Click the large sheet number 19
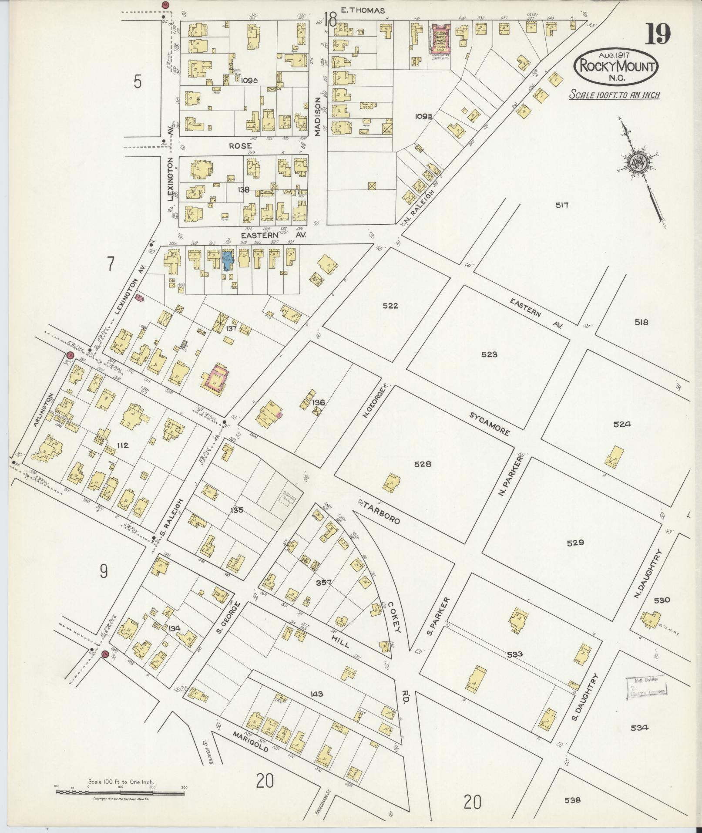[657, 34]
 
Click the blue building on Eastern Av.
[227, 260]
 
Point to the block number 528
[422, 464]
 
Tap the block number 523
[489, 354]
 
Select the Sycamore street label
[490, 423]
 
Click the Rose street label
[241, 146]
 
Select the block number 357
[324, 583]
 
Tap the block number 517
[562, 205]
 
